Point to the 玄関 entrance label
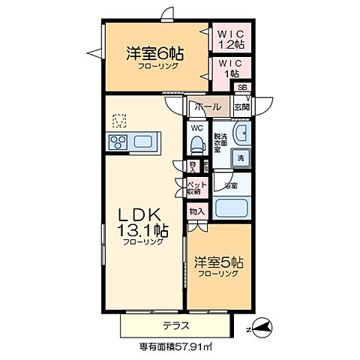241,107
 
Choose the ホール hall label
207,107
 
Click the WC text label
197,127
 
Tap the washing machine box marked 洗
240,158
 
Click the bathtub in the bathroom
232,206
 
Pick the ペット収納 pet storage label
197,187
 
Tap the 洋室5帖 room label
218,265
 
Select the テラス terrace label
176,325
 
